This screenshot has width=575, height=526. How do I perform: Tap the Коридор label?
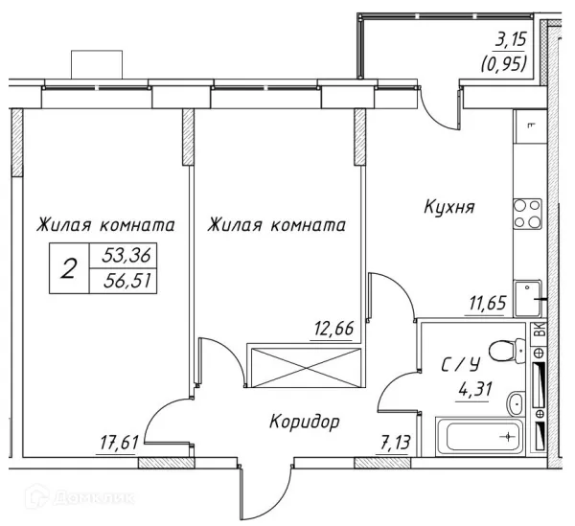coord(304,421)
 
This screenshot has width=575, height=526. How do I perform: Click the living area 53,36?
coord(125,256)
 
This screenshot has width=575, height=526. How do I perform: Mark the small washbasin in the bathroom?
coord(514,401)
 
